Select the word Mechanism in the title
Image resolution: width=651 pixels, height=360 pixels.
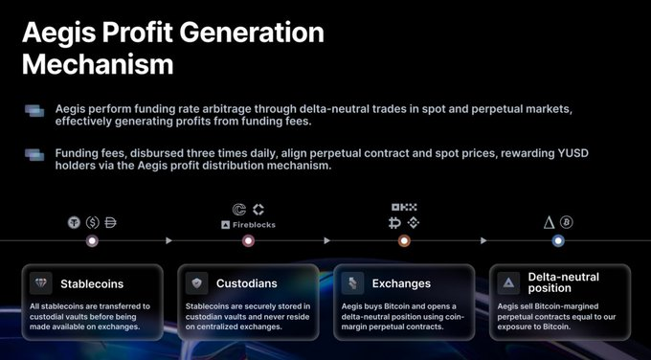98,65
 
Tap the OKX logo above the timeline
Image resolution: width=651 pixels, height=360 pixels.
404,207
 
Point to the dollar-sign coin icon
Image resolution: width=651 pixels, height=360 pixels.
92,222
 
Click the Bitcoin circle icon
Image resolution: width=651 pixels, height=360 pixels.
567,222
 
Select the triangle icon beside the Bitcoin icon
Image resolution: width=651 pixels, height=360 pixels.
549,222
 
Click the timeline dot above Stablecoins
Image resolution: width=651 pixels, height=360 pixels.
92,241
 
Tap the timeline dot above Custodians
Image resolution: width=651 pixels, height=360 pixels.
248,241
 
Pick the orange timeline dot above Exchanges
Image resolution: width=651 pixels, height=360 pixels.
404,241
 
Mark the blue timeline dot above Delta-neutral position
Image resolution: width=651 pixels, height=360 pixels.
558,241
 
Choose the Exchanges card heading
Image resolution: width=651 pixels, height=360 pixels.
401,283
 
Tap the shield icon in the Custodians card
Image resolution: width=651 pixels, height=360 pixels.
198,283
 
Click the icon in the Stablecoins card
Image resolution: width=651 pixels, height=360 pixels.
42,283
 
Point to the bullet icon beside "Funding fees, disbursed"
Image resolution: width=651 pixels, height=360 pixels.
34,153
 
